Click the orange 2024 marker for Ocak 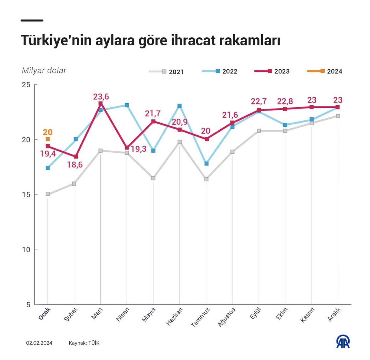point(48,139)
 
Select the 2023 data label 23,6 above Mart point(101,97)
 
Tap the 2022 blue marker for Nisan point(127,105)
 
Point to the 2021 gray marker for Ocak point(48,194)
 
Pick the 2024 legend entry point(325,71)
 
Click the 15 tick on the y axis point(26,195)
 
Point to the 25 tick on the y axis point(26,85)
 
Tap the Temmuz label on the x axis point(200,317)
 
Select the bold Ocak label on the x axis point(45,314)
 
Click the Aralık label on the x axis point(334,314)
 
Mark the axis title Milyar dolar point(44,70)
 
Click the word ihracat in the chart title point(193,40)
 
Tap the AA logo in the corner point(343,342)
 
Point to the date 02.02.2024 point(39,343)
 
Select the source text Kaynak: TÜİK point(84,343)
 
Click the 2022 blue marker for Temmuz point(206,164)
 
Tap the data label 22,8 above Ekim point(285,101)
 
